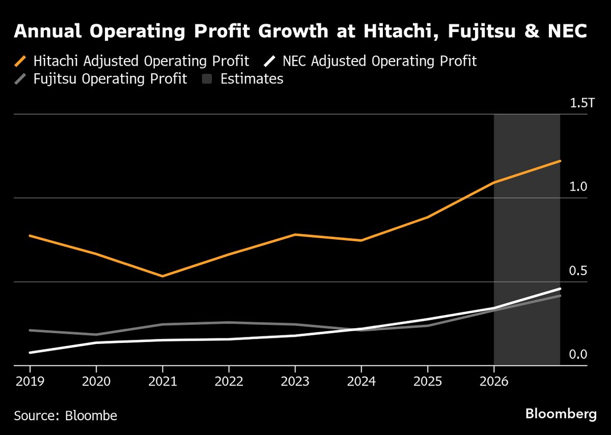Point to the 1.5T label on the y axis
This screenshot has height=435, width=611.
point(581,104)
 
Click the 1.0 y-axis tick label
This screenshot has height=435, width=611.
point(578,187)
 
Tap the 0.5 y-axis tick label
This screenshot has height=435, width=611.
point(578,271)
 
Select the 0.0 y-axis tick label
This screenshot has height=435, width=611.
point(578,354)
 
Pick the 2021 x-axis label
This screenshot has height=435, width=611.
point(162,382)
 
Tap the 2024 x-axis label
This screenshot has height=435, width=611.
point(361,382)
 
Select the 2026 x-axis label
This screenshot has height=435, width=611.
point(494,382)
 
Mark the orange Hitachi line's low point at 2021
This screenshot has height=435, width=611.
point(162,276)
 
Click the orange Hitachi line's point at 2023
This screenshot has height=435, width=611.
point(295,235)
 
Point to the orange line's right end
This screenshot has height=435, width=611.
point(560,161)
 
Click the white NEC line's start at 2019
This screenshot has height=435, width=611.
point(30,353)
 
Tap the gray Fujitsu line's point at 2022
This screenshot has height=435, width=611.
point(229,323)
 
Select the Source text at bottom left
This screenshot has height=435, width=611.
point(66,415)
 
